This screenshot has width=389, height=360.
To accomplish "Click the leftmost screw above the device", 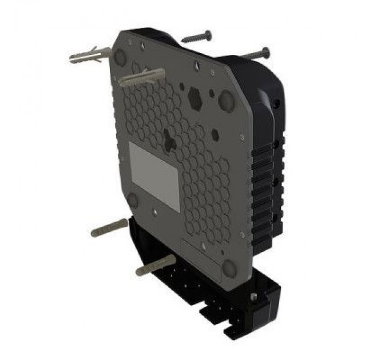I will click(196, 37).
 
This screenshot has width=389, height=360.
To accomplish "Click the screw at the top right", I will click(256, 54).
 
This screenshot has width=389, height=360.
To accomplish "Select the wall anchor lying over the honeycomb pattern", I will click(142, 77).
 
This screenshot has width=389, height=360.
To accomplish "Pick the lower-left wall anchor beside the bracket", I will click(109, 227).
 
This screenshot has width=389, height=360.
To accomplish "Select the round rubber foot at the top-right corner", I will click(227, 101).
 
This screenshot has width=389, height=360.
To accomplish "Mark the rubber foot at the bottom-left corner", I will click(133, 199).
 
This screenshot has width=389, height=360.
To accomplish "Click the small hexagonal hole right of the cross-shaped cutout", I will click(215, 135).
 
